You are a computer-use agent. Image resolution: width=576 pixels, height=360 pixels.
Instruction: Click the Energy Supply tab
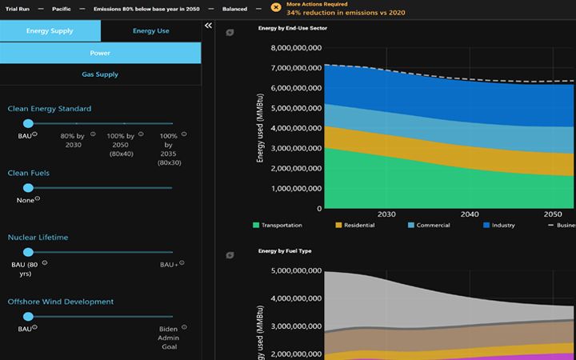(50, 31)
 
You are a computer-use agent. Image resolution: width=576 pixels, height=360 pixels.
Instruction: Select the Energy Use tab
(150, 31)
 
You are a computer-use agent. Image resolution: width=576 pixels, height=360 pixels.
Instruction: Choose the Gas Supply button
(100, 74)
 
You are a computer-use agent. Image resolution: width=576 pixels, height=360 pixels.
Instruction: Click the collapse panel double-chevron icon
(209, 26)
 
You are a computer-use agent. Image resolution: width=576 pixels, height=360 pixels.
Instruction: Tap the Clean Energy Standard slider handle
(28, 123)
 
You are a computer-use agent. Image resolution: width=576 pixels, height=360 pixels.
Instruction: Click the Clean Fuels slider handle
(28, 187)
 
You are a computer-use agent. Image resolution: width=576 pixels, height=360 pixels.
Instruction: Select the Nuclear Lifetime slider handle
(28, 251)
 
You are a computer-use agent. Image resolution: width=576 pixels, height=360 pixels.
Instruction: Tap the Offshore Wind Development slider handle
(28, 316)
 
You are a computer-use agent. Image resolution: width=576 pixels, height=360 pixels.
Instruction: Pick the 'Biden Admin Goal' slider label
(168, 338)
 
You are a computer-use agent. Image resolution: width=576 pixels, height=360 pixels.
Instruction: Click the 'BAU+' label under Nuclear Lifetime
(168, 264)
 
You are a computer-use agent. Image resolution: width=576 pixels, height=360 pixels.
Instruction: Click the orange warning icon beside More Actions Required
(275, 8)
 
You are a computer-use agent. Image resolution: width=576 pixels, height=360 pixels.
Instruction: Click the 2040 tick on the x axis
(470, 214)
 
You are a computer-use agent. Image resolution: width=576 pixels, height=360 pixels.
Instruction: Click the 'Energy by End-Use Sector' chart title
(292, 28)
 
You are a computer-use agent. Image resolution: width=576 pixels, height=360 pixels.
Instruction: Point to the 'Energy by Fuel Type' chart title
(285, 251)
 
